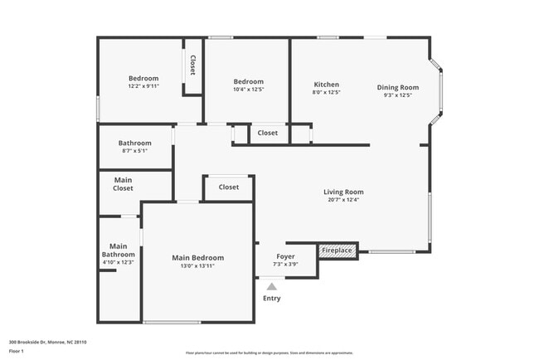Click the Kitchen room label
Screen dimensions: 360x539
pos(326,85)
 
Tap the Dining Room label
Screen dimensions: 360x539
pos(398,87)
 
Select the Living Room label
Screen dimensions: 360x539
pos(343,192)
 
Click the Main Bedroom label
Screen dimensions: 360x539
pos(197,258)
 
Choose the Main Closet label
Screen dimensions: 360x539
pos(123,183)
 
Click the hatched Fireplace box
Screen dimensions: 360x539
pos(337,250)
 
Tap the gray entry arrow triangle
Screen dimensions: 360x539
pos(271,286)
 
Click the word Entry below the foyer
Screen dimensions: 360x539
pos(271,299)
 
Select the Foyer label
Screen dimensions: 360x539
pos(285,257)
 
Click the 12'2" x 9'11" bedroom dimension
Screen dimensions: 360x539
pos(143,86)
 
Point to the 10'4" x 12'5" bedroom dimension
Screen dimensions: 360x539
pos(248,90)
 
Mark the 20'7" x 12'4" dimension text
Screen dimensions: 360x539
pos(343,199)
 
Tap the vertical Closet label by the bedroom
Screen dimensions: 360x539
pos(192,66)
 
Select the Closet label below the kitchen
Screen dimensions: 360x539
pos(267,133)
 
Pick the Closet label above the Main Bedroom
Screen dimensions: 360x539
pos(229,187)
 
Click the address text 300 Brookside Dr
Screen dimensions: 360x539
pos(47,342)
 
